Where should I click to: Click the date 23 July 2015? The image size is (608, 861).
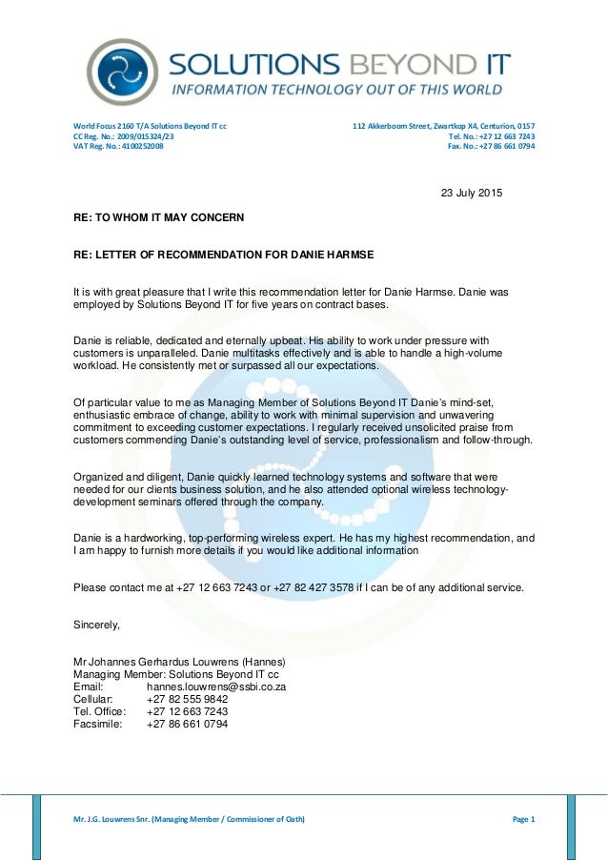[471, 194]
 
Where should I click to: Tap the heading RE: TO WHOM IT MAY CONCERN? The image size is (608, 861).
[158, 217]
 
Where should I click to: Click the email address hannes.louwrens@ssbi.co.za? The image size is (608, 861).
[216, 687]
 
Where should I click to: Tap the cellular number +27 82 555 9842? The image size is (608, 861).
[187, 699]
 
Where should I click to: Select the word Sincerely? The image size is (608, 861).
[97, 625]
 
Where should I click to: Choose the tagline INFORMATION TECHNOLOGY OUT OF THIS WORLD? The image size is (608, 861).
[336, 91]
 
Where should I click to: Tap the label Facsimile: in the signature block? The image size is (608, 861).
[98, 724]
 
